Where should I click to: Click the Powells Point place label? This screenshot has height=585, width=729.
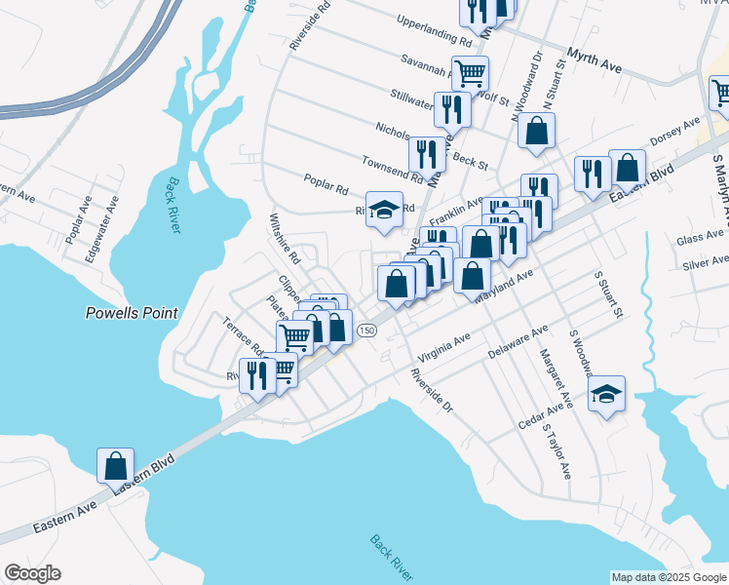pyautogui.click(x=132, y=313)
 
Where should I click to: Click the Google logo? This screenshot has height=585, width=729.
pyautogui.click(x=32, y=573)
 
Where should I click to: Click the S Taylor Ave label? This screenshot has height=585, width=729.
pyautogui.click(x=556, y=451)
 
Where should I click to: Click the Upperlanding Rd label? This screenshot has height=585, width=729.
pyautogui.click(x=435, y=31)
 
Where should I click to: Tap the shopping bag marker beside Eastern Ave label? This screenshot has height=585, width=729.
pyautogui.click(x=116, y=465)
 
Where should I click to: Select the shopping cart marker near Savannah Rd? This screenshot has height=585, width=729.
pyautogui.click(x=470, y=72)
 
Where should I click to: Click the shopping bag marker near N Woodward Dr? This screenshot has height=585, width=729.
pyautogui.click(x=536, y=131)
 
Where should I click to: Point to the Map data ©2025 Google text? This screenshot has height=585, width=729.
pyautogui.click(x=669, y=577)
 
